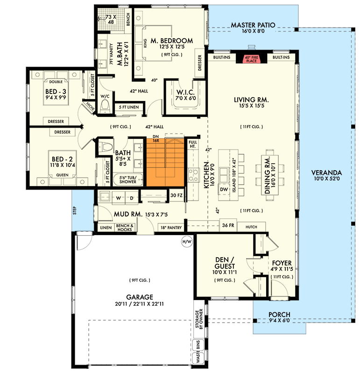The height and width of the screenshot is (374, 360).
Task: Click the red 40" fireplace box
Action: click(x=252, y=58)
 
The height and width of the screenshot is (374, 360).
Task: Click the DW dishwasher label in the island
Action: click(x=223, y=189)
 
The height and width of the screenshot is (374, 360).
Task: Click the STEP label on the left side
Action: click(x=75, y=213)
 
